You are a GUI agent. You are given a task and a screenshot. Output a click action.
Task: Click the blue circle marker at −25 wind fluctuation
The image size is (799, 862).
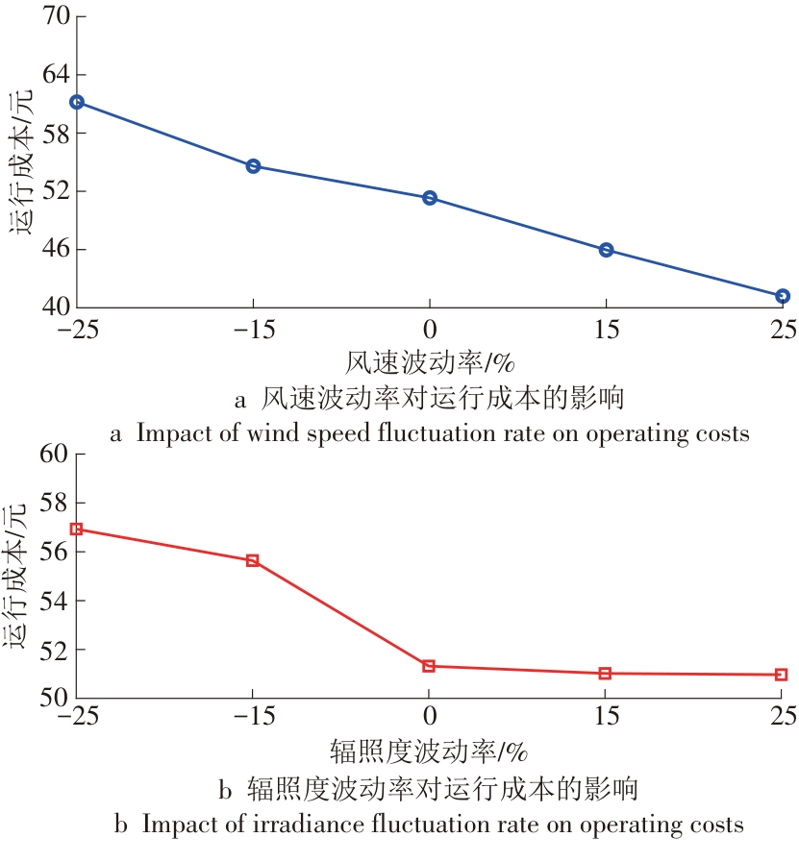(x=77, y=102)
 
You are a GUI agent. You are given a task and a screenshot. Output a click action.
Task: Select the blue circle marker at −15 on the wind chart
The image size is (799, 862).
(x=254, y=166)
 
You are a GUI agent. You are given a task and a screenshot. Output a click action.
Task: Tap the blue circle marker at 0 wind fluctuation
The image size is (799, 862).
(x=430, y=198)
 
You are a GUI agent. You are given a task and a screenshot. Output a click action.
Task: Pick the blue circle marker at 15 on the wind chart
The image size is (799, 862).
(x=606, y=250)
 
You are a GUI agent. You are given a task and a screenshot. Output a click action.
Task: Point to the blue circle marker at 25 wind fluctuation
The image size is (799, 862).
(x=782, y=296)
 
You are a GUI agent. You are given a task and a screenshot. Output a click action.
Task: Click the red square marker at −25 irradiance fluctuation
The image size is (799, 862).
(x=77, y=529)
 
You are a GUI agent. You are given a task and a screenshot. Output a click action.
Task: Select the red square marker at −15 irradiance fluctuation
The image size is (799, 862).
(x=253, y=560)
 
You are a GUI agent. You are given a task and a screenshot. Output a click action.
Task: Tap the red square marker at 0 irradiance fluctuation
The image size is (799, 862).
(x=429, y=666)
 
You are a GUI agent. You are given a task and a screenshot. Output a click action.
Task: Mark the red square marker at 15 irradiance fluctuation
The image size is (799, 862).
(x=606, y=674)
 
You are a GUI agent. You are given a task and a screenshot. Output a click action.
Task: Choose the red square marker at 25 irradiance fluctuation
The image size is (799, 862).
(x=781, y=675)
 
